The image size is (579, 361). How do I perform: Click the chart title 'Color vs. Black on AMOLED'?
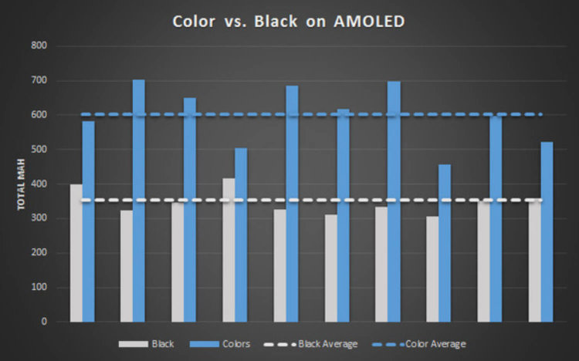pos(288,21)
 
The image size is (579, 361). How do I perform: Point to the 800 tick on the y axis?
pos(40,46)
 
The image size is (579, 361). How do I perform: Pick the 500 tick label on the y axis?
pos(40,150)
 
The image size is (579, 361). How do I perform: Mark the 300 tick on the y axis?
pos(40,218)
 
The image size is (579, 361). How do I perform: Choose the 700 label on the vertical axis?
pos(40,81)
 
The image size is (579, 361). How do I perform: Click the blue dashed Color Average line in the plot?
pos(309,115)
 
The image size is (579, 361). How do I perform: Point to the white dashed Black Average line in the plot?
pos(309,201)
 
